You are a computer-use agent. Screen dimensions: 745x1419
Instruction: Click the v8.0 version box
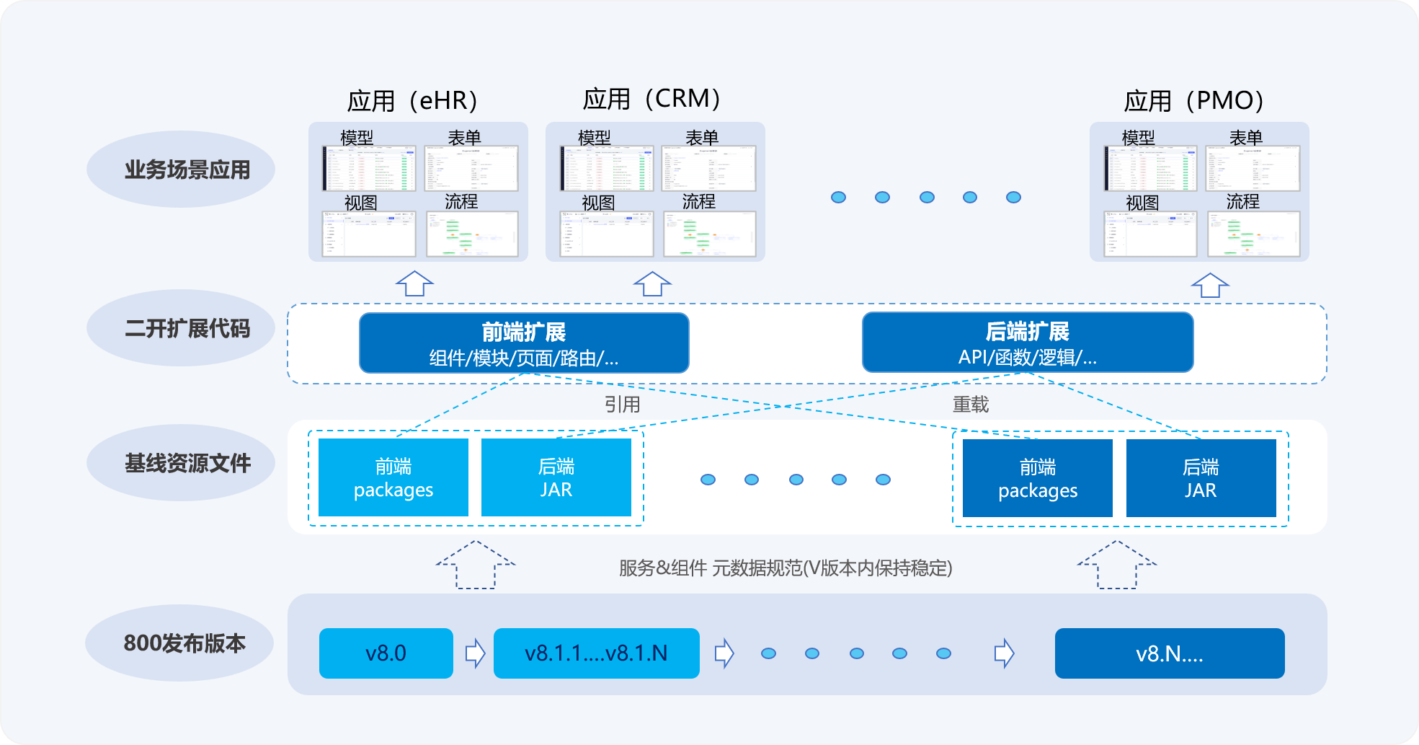pyautogui.click(x=386, y=653)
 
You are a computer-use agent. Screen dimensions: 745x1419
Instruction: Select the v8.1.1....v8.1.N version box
pyautogui.click(x=596, y=653)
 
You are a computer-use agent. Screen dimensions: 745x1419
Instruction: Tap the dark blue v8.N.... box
pyautogui.click(x=1169, y=653)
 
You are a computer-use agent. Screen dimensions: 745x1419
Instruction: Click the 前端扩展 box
pyautogui.click(x=524, y=343)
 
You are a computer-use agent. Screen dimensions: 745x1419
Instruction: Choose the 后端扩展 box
pyautogui.click(x=1027, y=343)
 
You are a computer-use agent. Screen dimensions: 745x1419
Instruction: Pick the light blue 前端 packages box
pyautogui.click(x=393, y=477)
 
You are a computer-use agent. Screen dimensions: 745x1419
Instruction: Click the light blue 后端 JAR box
pyautogui.click(x=556, y=477)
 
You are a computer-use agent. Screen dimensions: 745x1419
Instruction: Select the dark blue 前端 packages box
pyautogui.click(x=1037, y=478)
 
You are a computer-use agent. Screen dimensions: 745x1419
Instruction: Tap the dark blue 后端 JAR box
pyautogui.click(x=1201, y=478)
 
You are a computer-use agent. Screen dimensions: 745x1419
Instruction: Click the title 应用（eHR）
pyautogui.click(x=413, y=100)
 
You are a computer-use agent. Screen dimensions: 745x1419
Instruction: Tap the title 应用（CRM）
pyautogui.click(x=652, y=99)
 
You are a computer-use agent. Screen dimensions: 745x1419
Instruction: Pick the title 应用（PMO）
pyautogui.click(x=1194, y=100)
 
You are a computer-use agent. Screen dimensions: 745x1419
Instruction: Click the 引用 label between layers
pyautogui.click(x=622, y=405)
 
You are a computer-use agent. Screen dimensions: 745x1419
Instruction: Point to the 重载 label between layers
pyautogui.click(x=970, y=405)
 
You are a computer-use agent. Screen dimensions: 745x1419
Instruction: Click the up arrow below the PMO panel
pyautogui.click(x=1210, y=285)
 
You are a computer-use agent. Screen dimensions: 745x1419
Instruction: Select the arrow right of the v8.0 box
pyautogui.click(x=475, y=653)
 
